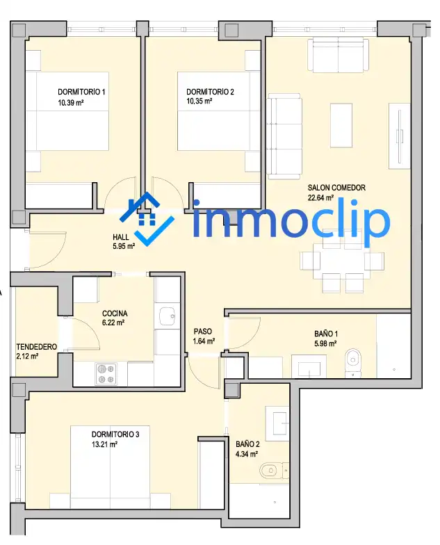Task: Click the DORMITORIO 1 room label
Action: click(x=81, y=92)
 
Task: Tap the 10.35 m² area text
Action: click(x=199, y=101)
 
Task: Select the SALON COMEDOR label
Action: click(x=336, y=188)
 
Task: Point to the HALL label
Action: click(x=121, y=237)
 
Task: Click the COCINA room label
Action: click(x=115, y=313)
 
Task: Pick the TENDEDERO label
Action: click(x=36, y=346)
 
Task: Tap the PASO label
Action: click(x=203, y=332)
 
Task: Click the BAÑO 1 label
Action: click(x=326, y=334)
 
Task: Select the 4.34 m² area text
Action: click(x=246, y=453)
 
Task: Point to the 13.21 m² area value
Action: click(x=104, y=444)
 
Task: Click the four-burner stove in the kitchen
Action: click(x=106, y=374)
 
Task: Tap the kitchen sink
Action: click(x=167, y=316)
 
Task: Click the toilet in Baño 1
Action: click(x=353, y=363)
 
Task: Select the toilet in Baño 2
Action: click(x=273, y=471)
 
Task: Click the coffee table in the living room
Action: click(x=341, y=125)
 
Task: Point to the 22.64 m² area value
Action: click(x=320, y=197)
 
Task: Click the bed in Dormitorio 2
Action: click(x=218, y=111)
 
